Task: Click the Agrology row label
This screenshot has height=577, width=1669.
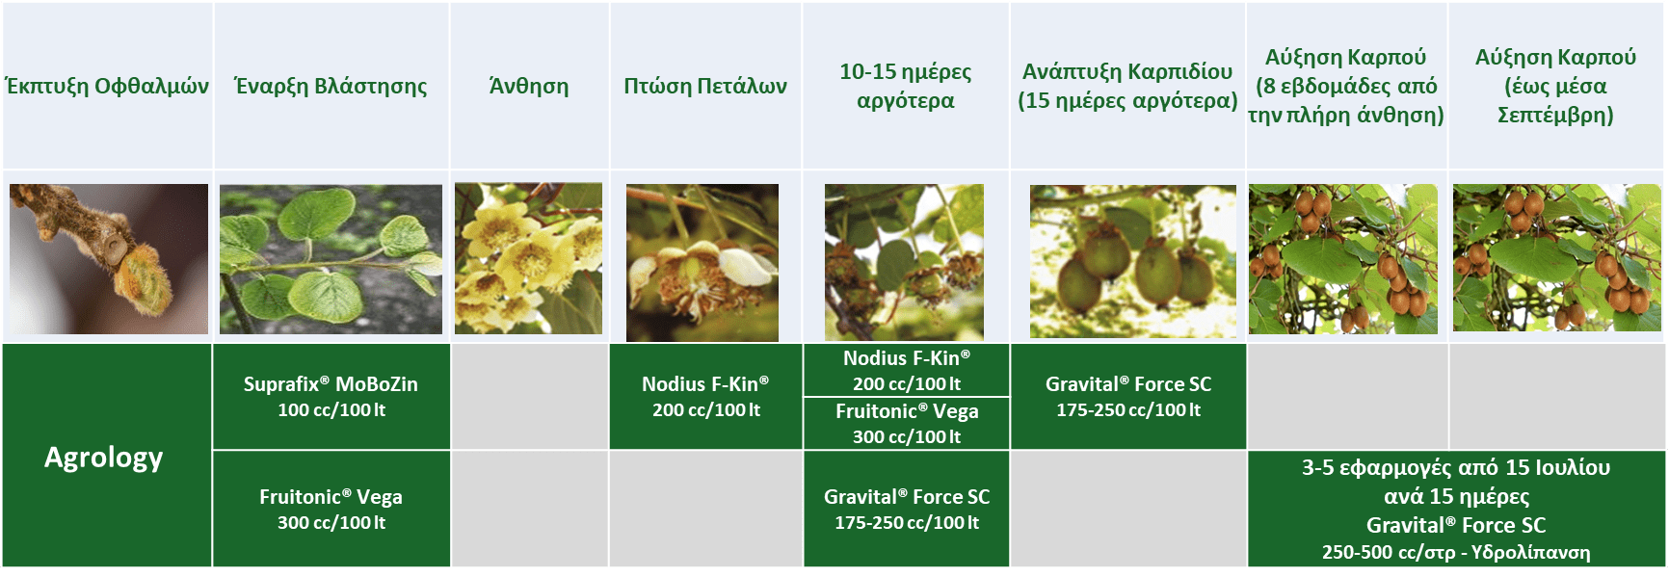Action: click(104, 457)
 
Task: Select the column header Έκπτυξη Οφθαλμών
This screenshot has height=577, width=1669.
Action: click(107, 86)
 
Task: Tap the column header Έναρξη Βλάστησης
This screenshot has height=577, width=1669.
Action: click(331, 86)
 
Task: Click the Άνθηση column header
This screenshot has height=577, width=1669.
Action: click(529, 86)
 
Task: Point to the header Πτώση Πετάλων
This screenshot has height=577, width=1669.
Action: click(705, 86)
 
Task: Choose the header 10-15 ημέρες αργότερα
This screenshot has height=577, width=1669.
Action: click(906, 86)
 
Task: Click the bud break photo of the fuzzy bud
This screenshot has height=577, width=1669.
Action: click(109, 259)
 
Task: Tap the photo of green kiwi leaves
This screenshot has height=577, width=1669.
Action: click(331, 259)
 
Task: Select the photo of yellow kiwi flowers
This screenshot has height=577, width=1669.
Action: click(528, 259)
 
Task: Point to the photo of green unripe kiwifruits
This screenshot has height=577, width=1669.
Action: click(1132, 261)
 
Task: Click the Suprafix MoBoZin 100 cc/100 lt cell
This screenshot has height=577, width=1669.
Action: click(331, 397)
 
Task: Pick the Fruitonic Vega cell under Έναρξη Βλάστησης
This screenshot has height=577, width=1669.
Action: click(331, 510)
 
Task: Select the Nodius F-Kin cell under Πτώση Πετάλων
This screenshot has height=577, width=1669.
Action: click(706, 397)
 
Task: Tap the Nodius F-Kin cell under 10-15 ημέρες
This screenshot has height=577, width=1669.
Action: click(907, 371)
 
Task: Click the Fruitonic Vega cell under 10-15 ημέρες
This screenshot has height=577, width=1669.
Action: click(907, 424)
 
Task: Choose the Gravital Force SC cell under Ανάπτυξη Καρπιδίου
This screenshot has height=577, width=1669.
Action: click(1128, 397)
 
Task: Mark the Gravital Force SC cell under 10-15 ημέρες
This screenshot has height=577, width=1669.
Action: click(907, 510)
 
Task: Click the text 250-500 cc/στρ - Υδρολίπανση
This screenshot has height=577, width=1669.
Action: click(1456, 553)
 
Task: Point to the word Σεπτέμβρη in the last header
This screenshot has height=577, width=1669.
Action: click(1555, 116)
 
